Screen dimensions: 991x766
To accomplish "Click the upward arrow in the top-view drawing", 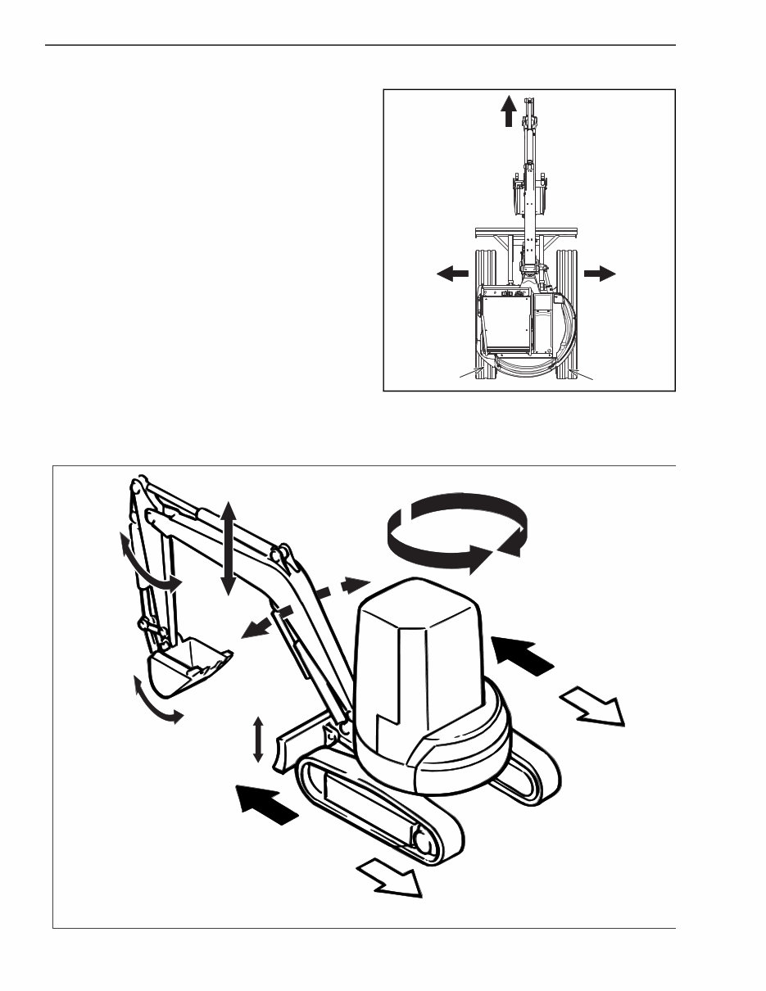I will [509, 111].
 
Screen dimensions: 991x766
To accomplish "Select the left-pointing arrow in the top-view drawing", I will [452, 274].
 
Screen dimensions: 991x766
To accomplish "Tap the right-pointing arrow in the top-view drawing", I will [601, 274].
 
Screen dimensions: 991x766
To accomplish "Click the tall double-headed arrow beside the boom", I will [229, 548].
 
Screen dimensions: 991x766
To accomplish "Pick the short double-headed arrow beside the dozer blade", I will [258, 740].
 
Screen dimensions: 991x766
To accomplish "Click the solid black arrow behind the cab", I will [524, 654].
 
